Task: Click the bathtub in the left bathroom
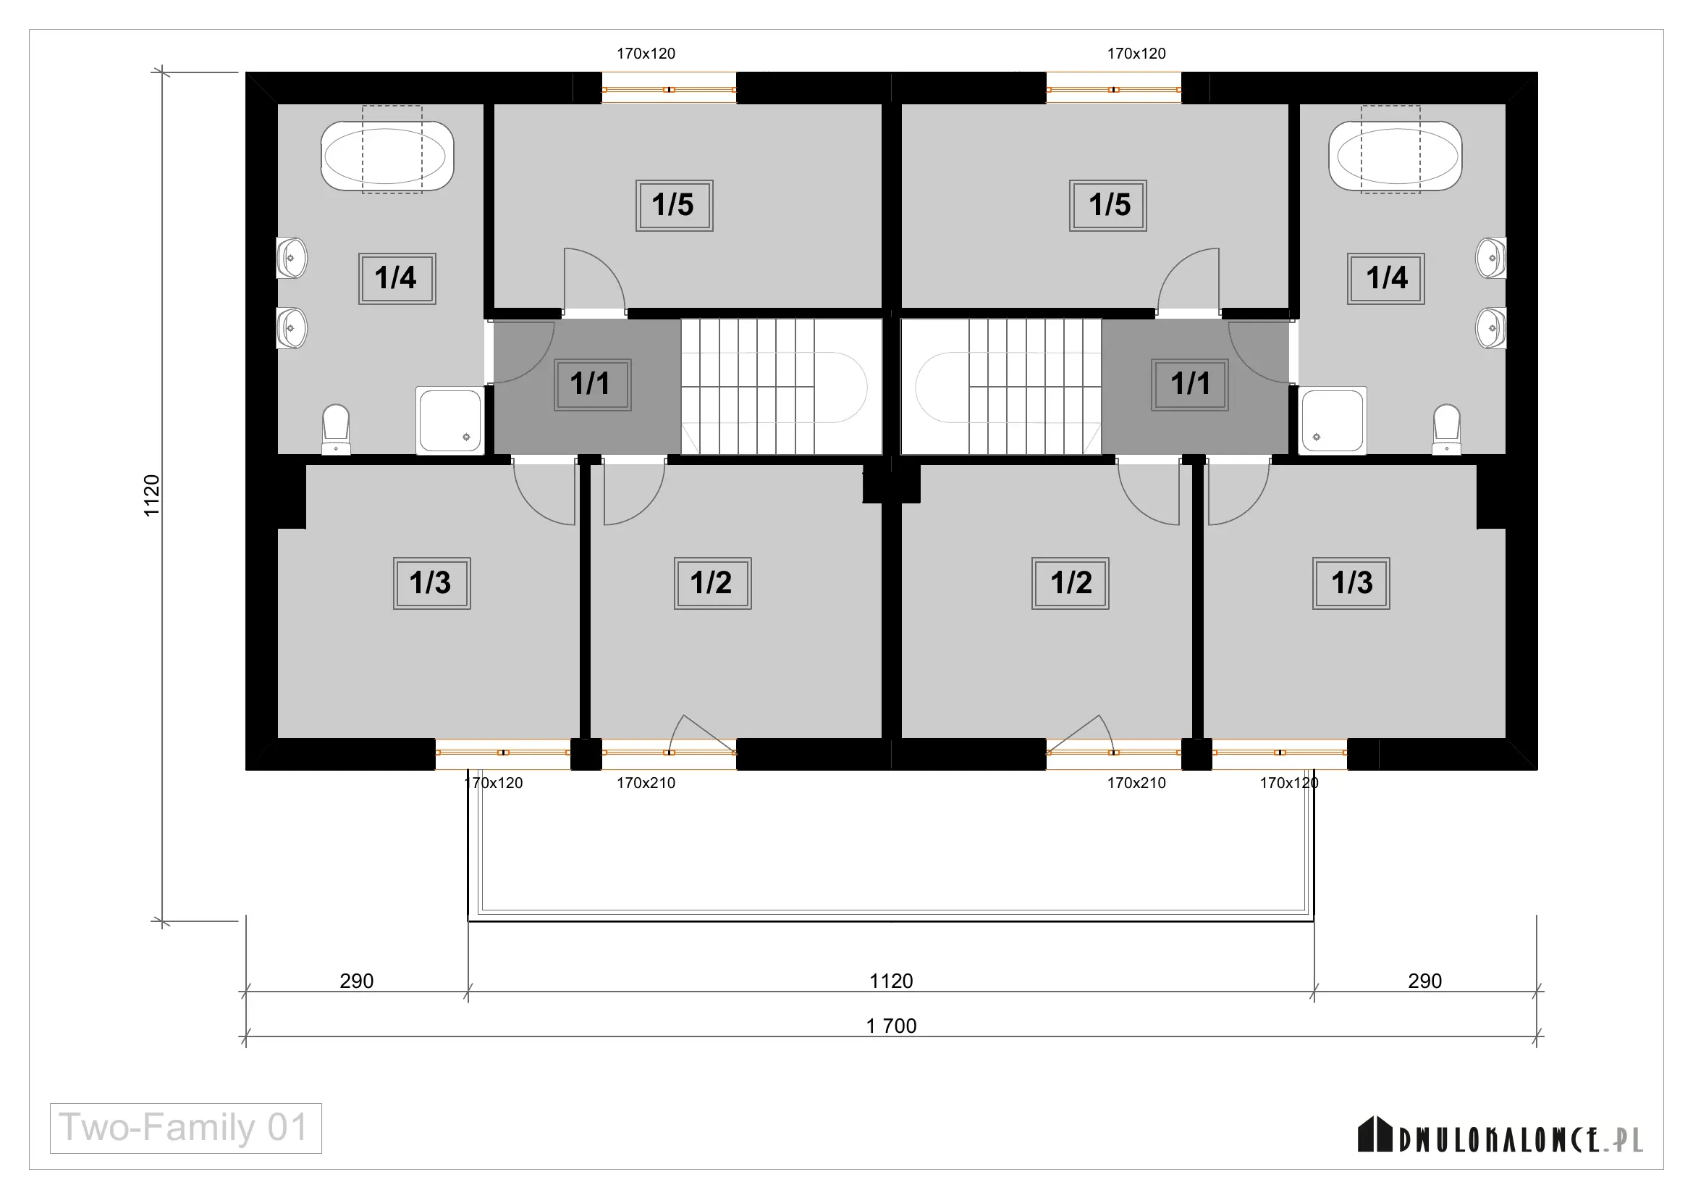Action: coord(387,156)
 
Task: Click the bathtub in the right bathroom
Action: coord(1395,156)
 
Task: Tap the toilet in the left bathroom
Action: coord(337,429)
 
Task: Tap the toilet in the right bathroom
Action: coord(1447,429)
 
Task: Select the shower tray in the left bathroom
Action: coord(449,421)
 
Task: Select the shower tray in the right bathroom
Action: coord(1333,421)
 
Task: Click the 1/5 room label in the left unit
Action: coord(674,205)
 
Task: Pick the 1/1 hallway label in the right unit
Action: coord(1189,385)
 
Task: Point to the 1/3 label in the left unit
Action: coord(431,583)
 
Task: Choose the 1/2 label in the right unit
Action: coord(1070,583)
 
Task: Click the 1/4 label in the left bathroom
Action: coord(397,278)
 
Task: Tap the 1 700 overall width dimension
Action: coord(891,1026)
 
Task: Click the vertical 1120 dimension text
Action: coord(151,495)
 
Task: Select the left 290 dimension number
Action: coord(356,981)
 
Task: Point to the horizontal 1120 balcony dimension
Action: coord(891,981)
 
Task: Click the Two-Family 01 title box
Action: coord(186,1128)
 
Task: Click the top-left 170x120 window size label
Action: coord(646,54)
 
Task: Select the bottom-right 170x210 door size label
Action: coord(1136,784)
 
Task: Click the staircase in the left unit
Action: coord(782,387)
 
